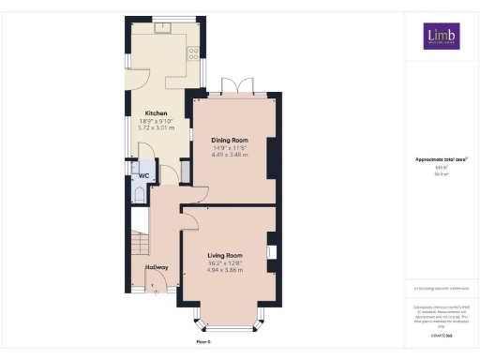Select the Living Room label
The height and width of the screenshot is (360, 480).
[225, 255]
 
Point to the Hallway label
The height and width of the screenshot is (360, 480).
[157, 267]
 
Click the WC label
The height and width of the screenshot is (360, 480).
[143, 175]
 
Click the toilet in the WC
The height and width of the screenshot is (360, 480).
[139, 194]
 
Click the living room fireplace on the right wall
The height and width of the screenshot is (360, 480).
[271, 251]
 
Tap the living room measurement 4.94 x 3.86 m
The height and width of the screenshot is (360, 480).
[225, 270]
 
